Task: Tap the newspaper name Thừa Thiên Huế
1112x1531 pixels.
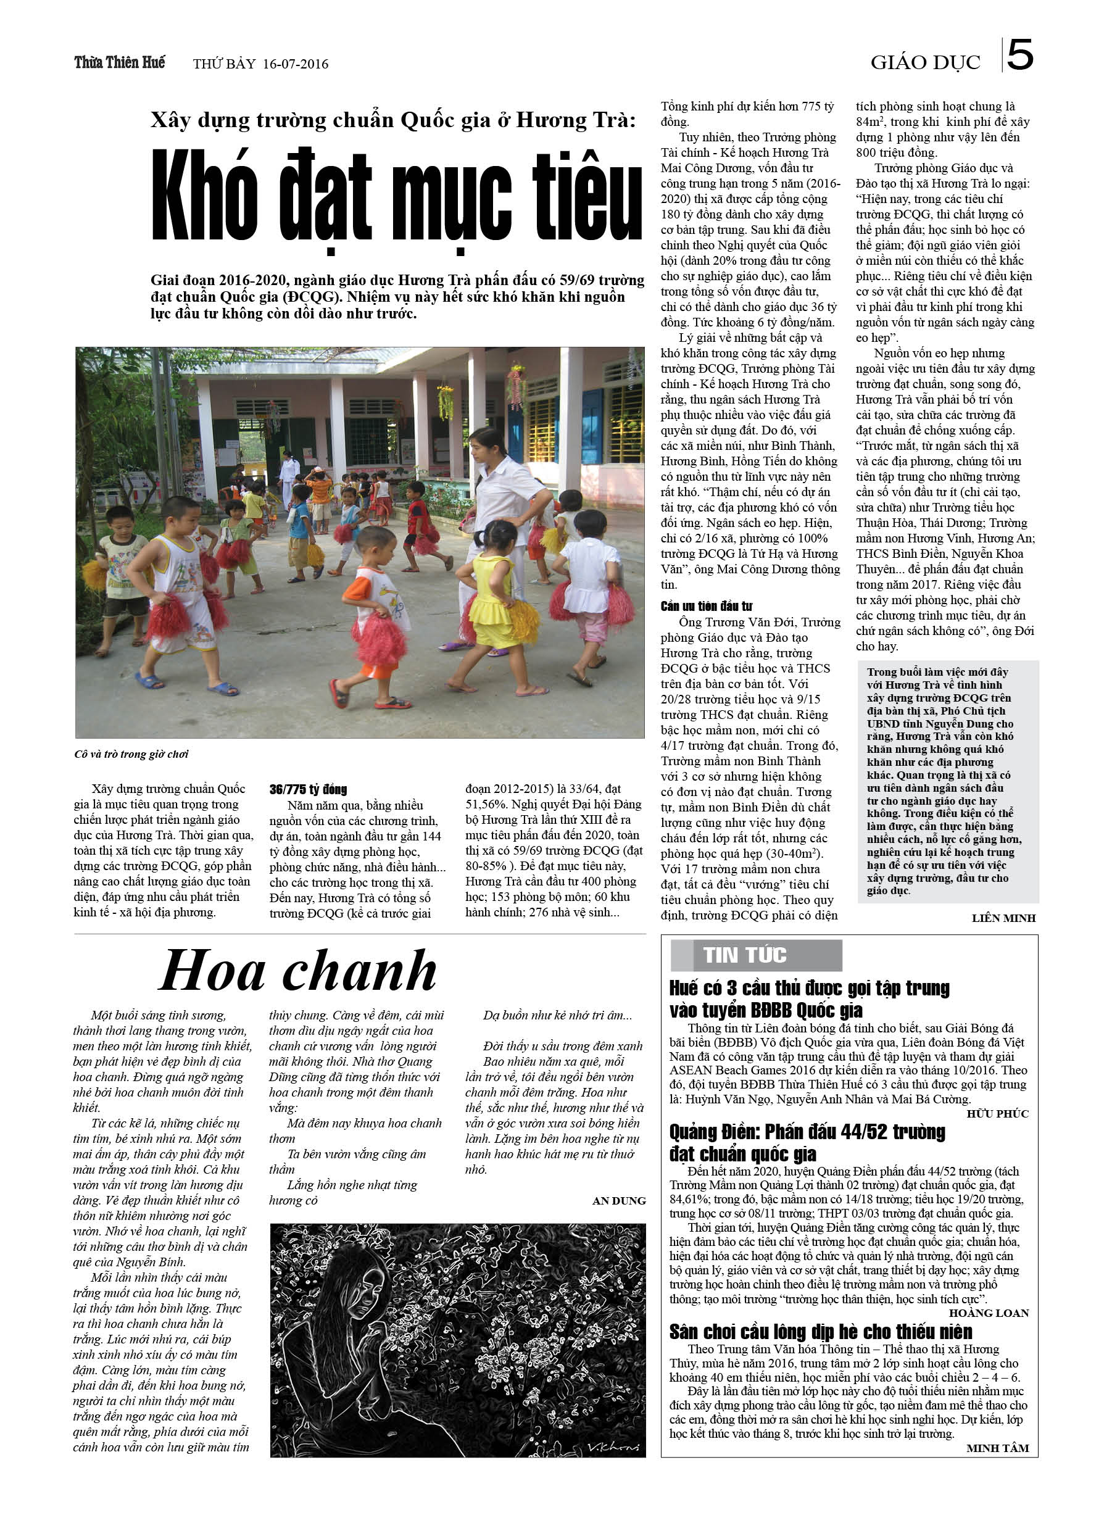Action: coord(120,63)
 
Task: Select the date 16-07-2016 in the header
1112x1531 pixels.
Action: coord(295,64)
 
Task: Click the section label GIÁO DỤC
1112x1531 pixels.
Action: coord(924,63)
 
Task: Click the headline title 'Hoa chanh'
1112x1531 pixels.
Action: coord(298,971)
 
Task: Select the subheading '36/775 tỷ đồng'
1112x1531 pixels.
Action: coord(308,789)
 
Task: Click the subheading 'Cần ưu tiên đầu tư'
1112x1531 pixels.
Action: coord(706,606)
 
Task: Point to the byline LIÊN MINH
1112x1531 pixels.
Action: coord(1003,918)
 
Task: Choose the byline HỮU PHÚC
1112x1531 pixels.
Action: coord(997,1113)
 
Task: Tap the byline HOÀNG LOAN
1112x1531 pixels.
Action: coord(989,1313)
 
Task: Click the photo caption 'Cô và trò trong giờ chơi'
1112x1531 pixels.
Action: coord(131,754)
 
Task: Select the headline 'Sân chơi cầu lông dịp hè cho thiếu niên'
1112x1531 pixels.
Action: coord(820,1331)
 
